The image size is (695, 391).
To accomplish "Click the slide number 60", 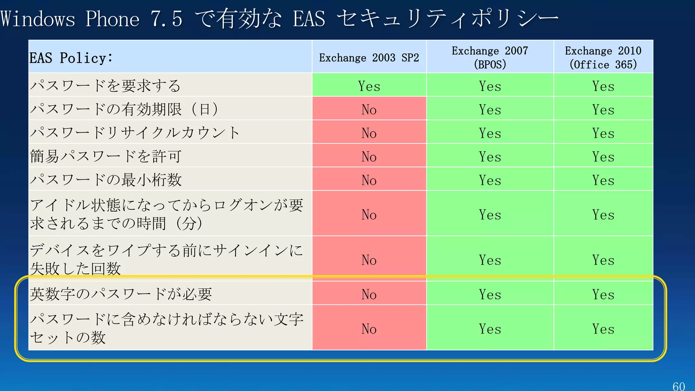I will click(x=678, y=386).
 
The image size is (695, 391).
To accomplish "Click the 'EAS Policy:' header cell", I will click(x=71, y=58).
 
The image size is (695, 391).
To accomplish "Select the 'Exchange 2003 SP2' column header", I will click(x=369, y=58).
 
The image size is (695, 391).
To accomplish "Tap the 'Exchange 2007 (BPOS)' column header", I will click(x=490, y=57).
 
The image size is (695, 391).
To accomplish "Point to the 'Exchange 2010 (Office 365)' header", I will click(x=603, y=57).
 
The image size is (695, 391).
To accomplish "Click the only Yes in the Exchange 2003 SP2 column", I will click(x=369, y=86).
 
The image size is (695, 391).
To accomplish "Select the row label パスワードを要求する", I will click(x=105, y=86).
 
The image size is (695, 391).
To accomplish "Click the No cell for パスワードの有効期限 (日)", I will click(x=369, y=109).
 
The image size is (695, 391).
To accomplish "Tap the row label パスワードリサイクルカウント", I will click(x=135, y=132).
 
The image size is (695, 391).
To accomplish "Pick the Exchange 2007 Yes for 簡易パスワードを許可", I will click(x=490, y=156).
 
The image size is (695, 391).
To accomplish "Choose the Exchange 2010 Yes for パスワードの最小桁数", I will click(x=603, y=180).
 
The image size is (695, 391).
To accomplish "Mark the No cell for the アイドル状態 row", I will click(x=369, y=215).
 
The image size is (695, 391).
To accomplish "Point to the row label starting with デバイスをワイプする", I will click(x=166, y=259).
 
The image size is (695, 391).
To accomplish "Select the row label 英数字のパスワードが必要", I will click(x=121, y=294).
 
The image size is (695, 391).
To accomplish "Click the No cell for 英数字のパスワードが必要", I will click(x=369, y=294).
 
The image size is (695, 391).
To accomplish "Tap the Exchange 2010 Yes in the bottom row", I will click(x=603, y=329).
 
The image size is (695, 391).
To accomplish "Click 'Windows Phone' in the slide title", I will click(x=70, y=19).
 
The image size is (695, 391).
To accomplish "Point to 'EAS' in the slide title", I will click(x=309, y=19).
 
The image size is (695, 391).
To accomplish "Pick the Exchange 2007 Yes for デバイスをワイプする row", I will click(x=490, y=260).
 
